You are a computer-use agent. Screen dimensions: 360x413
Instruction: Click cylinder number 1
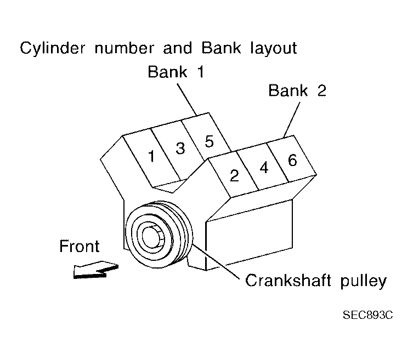(x=151, y=156)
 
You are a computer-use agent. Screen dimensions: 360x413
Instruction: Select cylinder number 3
(x=180, y=148)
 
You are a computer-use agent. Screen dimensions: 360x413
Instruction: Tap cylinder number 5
(x=208, y=141)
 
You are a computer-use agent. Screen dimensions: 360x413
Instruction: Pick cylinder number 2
(x=234, y=175)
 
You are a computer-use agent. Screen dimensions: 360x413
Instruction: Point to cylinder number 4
(x=264, y=168)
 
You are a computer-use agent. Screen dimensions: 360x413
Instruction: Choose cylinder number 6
(x=292, y=160)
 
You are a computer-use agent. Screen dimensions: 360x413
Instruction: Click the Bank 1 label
(x=176, y=72)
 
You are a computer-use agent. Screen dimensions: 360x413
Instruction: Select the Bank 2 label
(x=297, y=90)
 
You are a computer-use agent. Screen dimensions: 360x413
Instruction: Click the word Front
(x=80, y=247)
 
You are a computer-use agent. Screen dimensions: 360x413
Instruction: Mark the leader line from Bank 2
(x=292, y=117)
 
